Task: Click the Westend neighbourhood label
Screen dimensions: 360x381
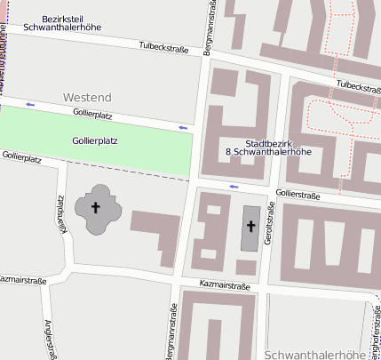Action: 87,96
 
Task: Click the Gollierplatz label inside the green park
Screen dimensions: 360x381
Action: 95,140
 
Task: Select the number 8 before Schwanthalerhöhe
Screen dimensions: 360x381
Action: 228,152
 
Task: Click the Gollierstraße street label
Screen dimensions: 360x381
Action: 298,194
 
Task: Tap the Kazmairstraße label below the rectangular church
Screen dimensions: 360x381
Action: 225,285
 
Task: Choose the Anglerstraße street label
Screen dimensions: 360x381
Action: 51,339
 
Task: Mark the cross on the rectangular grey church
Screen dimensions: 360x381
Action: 250,227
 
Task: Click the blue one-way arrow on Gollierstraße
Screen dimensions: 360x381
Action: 234,187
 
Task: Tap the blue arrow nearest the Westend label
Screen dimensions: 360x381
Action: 31,105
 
